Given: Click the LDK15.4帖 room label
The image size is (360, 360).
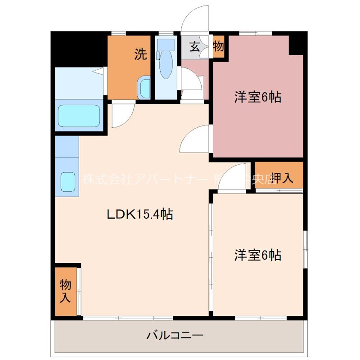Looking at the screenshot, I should pyautogui.click(x=140, y=215).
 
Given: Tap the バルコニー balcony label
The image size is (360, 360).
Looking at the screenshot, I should pyautogui.click(x=175, y=335).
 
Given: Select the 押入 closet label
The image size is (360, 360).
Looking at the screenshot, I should pyautogui.click(x=282, y=178).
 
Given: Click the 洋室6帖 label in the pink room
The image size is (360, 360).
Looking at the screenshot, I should pyautogui.click(x=257, y=97).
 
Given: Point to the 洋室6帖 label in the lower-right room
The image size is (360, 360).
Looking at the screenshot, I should pyautogui.click(x=257, y=255).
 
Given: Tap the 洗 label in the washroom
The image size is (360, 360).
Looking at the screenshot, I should pyautogui.click(x=140, y=55).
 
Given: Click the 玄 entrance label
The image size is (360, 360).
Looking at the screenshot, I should pyautogui.click(x=194, y=46).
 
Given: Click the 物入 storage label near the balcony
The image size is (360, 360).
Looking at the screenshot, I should pyautogui.click(x=66, y=291).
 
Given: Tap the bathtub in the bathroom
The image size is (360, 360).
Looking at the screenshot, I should pyautogui.click(x=79, y=116).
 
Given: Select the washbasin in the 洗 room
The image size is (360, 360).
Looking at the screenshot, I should pyautogui.click(x=144, y=87).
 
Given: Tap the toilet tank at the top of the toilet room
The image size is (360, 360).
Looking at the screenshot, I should pyautogui.click(x=166, y=45).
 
